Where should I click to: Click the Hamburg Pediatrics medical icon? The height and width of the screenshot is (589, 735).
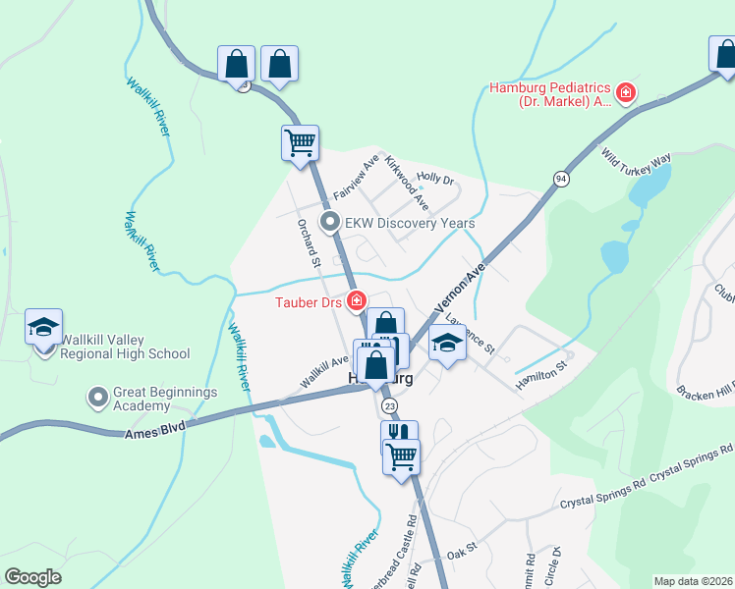[x=626, y=93]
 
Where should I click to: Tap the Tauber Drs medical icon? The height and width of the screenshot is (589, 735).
[x=357, y=300]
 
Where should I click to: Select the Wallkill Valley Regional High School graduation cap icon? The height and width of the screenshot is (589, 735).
[x=43, y=327]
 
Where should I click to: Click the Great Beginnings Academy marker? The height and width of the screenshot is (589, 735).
[x=98, y=398]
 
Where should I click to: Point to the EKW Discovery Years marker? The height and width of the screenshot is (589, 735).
[x=331, y=223]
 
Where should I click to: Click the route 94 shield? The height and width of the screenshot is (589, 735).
[x=561, y=178]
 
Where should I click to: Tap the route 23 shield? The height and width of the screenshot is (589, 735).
[x=391, y=406]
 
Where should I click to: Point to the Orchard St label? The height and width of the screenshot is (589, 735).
[x=310, y=241]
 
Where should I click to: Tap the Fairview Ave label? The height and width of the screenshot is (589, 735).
[x=356, y=176]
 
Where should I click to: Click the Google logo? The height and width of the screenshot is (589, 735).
[x=32, y=577]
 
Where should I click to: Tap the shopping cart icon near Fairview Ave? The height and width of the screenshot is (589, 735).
[x=300, y=142]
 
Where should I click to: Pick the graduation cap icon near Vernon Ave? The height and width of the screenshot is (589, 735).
[x=447, y=344]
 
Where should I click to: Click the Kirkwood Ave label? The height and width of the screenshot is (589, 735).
[x=407, y=183]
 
